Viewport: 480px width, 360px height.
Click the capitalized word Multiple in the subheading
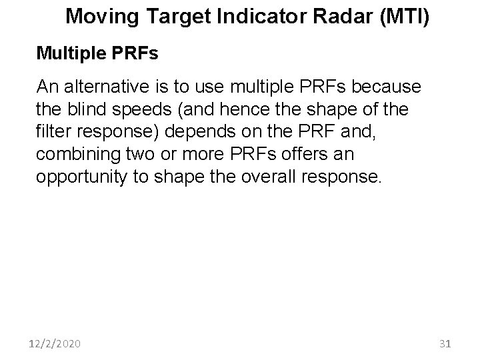point(69,53)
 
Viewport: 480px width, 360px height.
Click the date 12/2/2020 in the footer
point(55,344)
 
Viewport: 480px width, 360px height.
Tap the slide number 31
point(446,344)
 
